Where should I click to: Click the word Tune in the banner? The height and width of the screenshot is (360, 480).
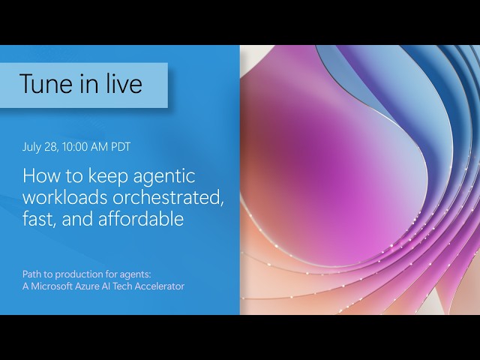[46, 83]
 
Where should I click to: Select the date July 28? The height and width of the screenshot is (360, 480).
[40, 147]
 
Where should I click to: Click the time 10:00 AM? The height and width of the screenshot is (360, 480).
[85, 147]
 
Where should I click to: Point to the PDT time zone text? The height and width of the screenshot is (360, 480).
[121, 147]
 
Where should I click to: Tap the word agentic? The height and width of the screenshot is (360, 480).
[164, 177]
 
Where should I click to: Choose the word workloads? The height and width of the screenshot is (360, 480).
[65, 197]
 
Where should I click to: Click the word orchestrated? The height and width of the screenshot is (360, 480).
[168, 198]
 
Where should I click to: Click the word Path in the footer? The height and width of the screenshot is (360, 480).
[31, 274]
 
